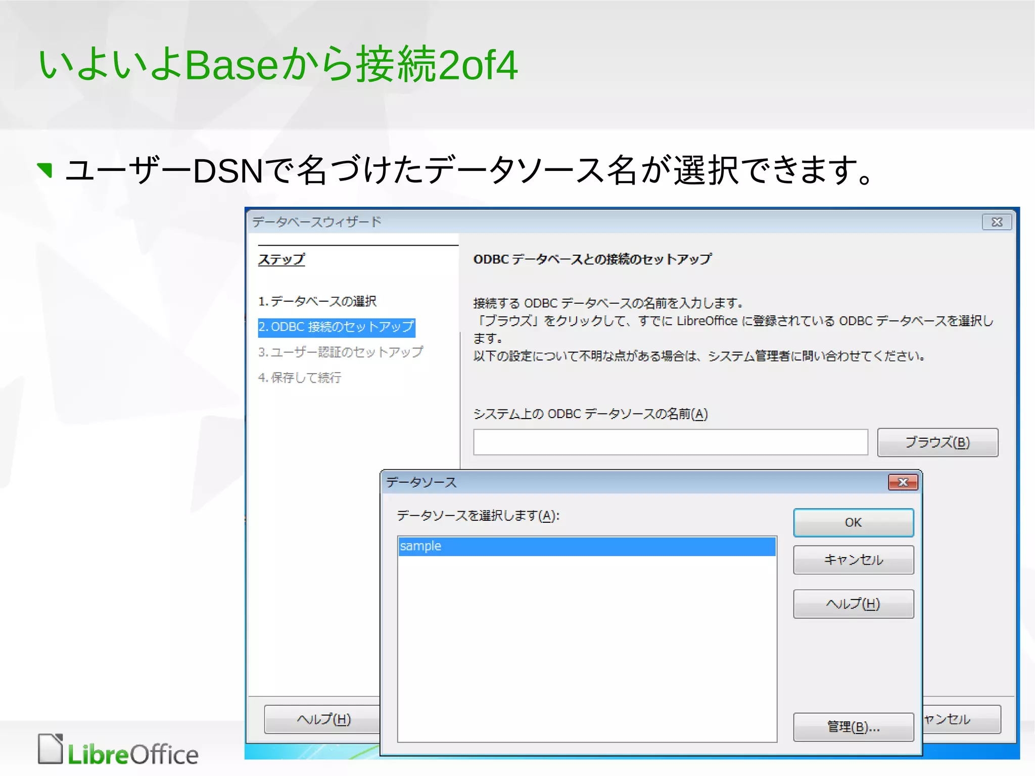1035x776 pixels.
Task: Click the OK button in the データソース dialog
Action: [853, 522]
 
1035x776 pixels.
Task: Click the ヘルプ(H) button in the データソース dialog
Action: [853, 604]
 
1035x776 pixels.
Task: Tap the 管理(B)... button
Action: [853, 727]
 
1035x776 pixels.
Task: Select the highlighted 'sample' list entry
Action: [586, 546]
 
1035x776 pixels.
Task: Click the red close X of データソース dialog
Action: [903, 482]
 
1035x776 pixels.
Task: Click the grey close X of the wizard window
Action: [997, 222]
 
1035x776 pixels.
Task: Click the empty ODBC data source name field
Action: [670, 442]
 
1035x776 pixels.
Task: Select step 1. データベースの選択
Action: [317, 301]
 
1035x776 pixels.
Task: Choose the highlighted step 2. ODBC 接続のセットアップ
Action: [336, 327]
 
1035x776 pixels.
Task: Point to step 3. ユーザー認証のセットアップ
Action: [341, 352]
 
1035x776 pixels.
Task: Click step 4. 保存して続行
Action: [300, 378]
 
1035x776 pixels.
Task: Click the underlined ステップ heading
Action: [281, 259]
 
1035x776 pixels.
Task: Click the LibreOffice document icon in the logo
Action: [51, 749]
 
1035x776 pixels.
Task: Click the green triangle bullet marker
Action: [45, 170]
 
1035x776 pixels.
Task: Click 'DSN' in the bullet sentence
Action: [228, 171]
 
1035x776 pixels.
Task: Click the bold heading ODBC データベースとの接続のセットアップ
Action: [592, 259]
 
